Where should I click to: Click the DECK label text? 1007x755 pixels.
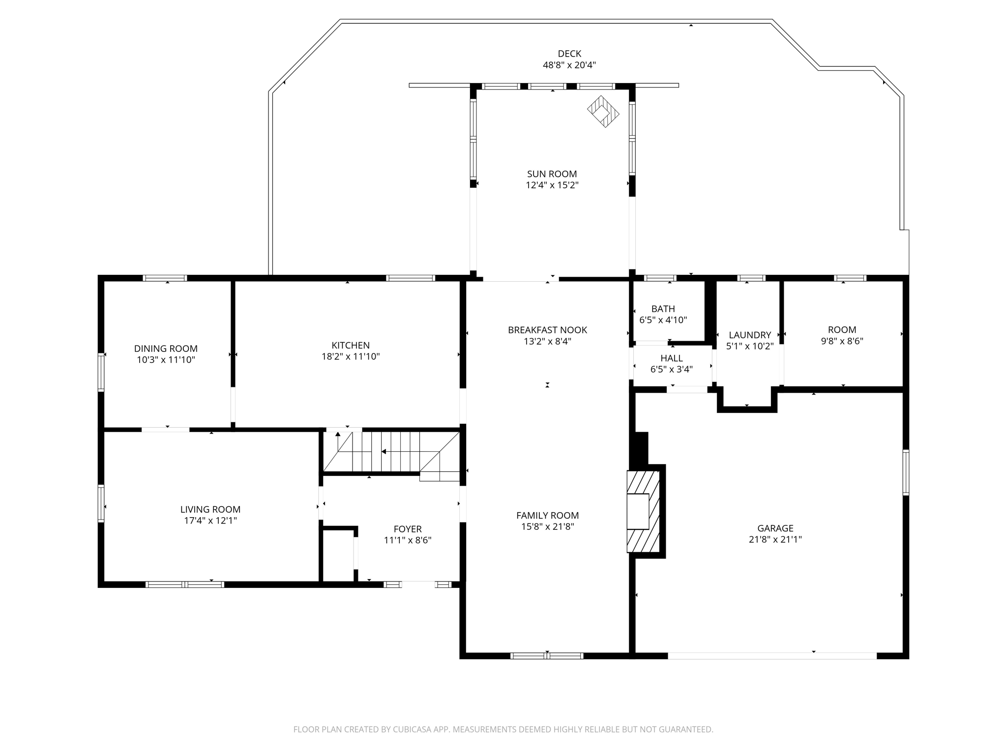(x=569, y=54)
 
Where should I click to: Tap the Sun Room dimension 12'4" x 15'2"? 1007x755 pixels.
(x=552, y=185)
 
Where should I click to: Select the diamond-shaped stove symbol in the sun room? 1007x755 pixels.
(x=603, y=112)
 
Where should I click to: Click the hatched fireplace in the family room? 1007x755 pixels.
(x=643, y=511)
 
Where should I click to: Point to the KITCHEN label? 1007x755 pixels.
(x=351, y=345)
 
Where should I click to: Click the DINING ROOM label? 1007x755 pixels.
(x=166, y=348)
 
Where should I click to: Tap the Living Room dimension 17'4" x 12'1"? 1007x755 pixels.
(x=210, y=521)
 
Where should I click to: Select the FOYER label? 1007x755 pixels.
(x=408, y=529)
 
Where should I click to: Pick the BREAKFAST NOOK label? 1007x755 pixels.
(x=547, y=330)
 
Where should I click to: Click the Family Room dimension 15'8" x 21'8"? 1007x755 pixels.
(x=547, y=526)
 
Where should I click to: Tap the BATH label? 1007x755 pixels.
(x=663, y=309)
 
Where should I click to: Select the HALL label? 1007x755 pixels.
(x=671, y=358)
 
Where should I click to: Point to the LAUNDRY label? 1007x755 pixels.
(x=749, y=335)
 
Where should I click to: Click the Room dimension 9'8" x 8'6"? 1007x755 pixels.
(x=842, y=341)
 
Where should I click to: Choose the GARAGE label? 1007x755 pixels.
(x=775, y=528)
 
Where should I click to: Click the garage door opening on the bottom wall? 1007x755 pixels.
(x=772, y=656)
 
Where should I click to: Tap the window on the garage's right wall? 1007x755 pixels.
(x=906, y=472)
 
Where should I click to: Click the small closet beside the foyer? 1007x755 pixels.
(x=338, y=555)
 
